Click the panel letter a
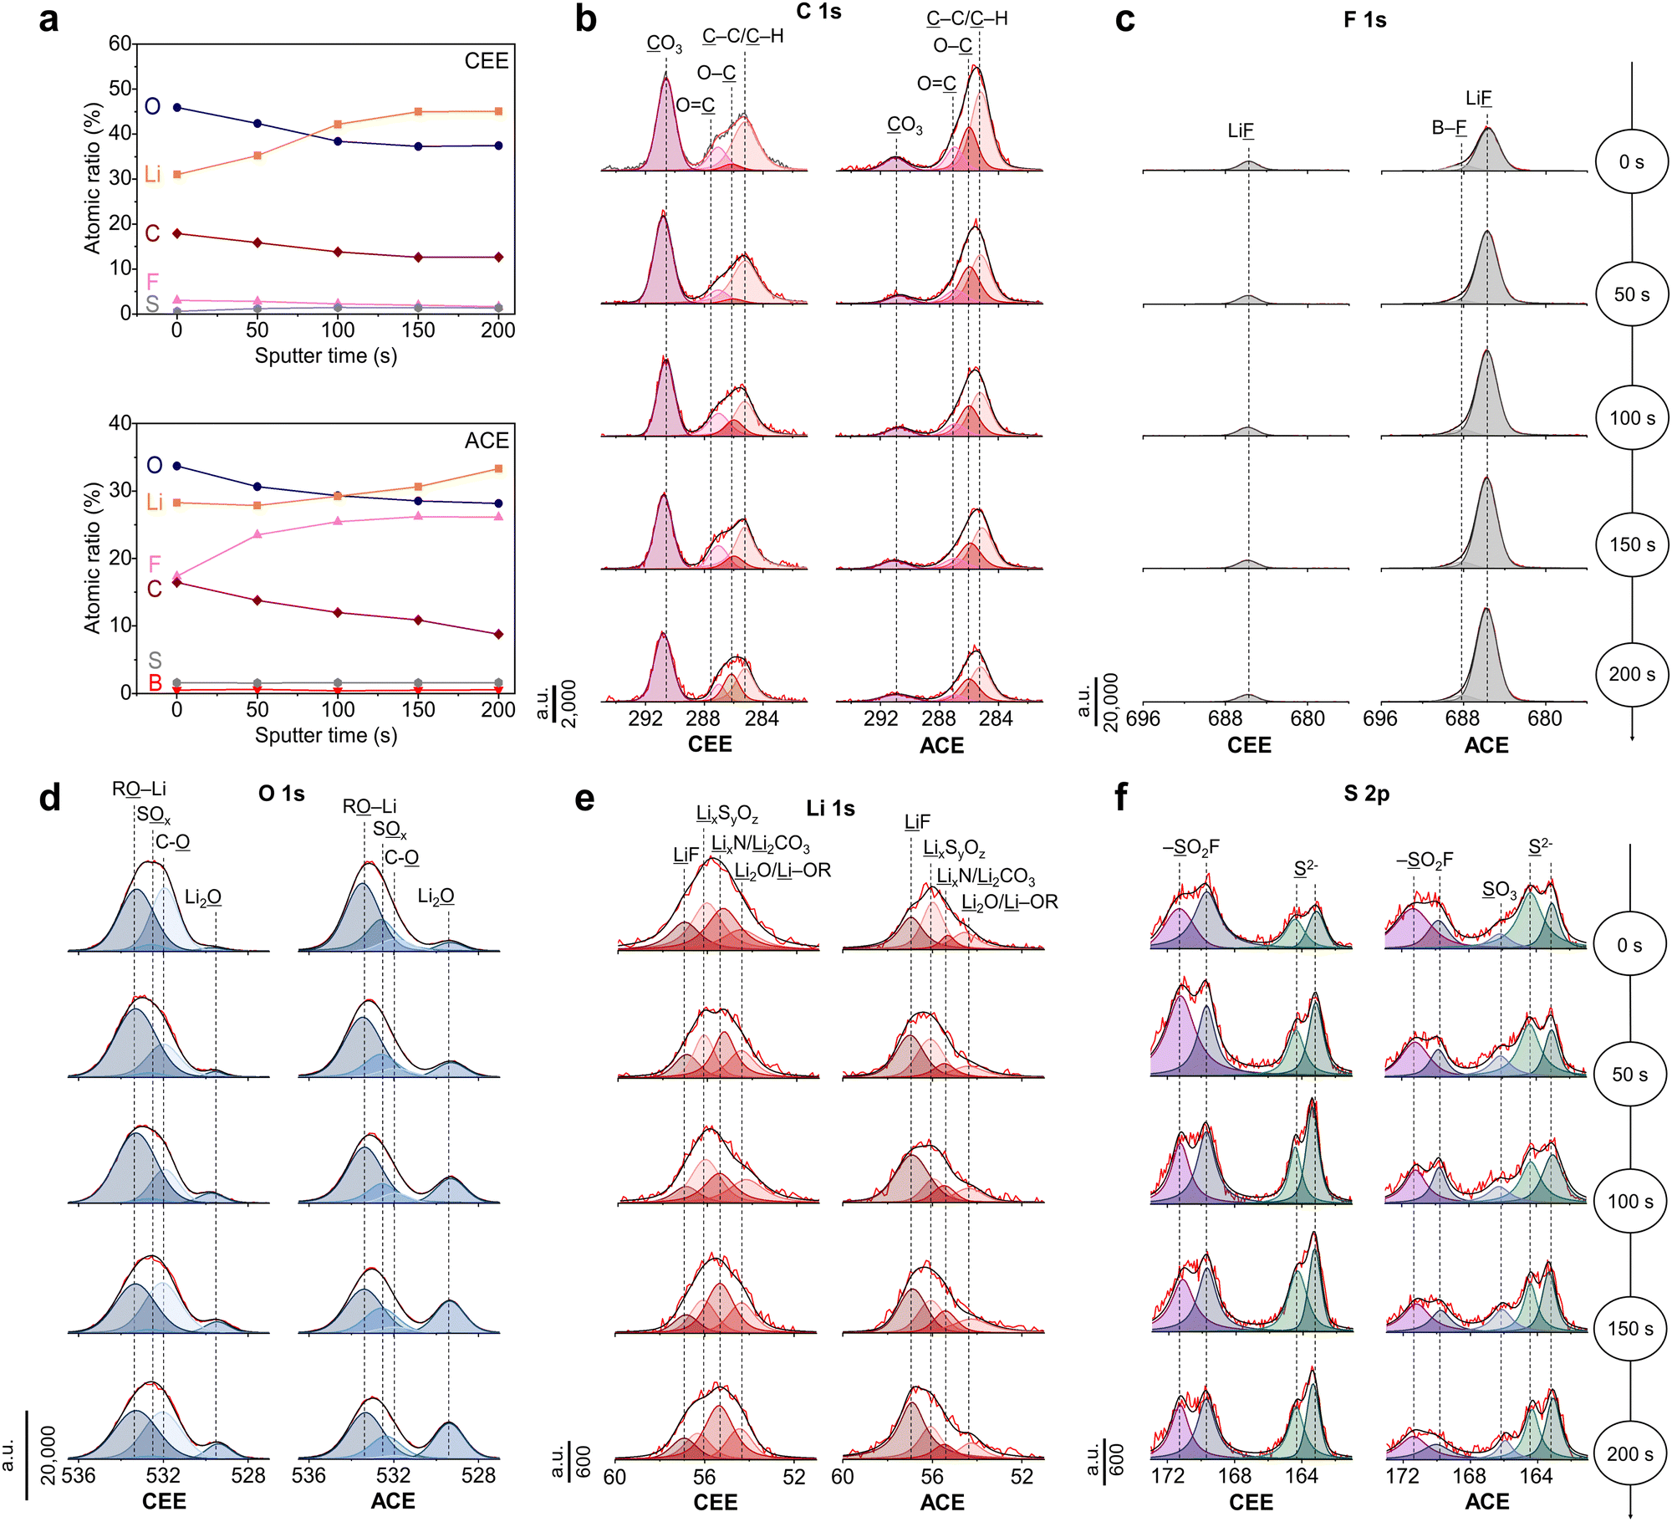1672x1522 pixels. [48, 18]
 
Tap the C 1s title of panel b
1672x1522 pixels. [818, 12]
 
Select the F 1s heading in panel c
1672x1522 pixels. [1364, 20]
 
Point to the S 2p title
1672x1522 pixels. [1366, 794]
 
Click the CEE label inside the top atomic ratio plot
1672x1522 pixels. [487, 61]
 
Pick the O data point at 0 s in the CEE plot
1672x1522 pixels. [177, 108]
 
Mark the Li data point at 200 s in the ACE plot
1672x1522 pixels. [499, 469]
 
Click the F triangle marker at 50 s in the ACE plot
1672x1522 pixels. [257, 534]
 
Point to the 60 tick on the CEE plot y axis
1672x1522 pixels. [120, 43]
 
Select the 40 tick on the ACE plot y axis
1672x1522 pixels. [120, 423]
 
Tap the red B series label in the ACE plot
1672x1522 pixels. [155, 683]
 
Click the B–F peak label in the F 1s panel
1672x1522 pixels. [1449, 128]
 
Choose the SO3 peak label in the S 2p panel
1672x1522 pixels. [1499, 891]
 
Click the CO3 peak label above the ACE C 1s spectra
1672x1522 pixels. [905, 125]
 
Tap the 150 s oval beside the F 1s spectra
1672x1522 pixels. [1632, 544]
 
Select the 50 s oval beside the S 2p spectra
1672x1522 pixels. [1630, 1075]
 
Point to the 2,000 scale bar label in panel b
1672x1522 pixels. [568, 703]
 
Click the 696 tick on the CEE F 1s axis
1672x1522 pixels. [1143, 719]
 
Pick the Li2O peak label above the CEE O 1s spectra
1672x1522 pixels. [203, 898]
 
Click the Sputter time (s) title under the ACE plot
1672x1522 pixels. [325, 735]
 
